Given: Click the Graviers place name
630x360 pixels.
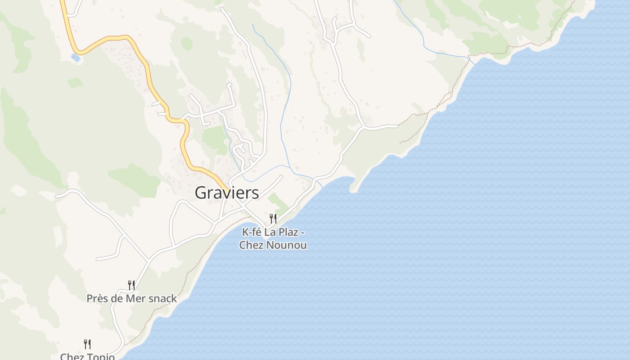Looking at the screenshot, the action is coord(227,193).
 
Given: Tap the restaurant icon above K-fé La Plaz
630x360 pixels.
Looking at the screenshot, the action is coord(273,219).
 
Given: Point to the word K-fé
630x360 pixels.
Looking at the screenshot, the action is coord(252,233).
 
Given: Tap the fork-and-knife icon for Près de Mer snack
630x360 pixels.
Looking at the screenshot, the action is coord(131,285).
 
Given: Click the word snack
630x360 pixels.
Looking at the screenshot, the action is coord(164,298).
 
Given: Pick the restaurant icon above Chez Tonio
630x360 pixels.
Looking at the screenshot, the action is coord(87,344).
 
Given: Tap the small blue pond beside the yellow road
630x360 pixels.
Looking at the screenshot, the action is coord(76,58).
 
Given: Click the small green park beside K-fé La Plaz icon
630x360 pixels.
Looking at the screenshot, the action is coord(278,202).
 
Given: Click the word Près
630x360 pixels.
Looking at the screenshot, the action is coord(98,298).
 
